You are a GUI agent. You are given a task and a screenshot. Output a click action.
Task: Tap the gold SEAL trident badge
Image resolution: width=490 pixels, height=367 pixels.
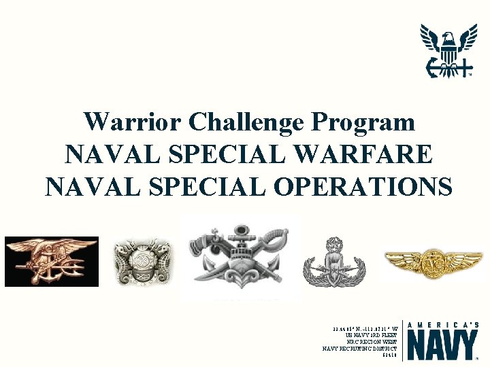(x=52, y=261)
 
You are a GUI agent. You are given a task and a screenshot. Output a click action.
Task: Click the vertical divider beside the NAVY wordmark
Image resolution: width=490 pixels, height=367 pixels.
(x=403, y=340)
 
